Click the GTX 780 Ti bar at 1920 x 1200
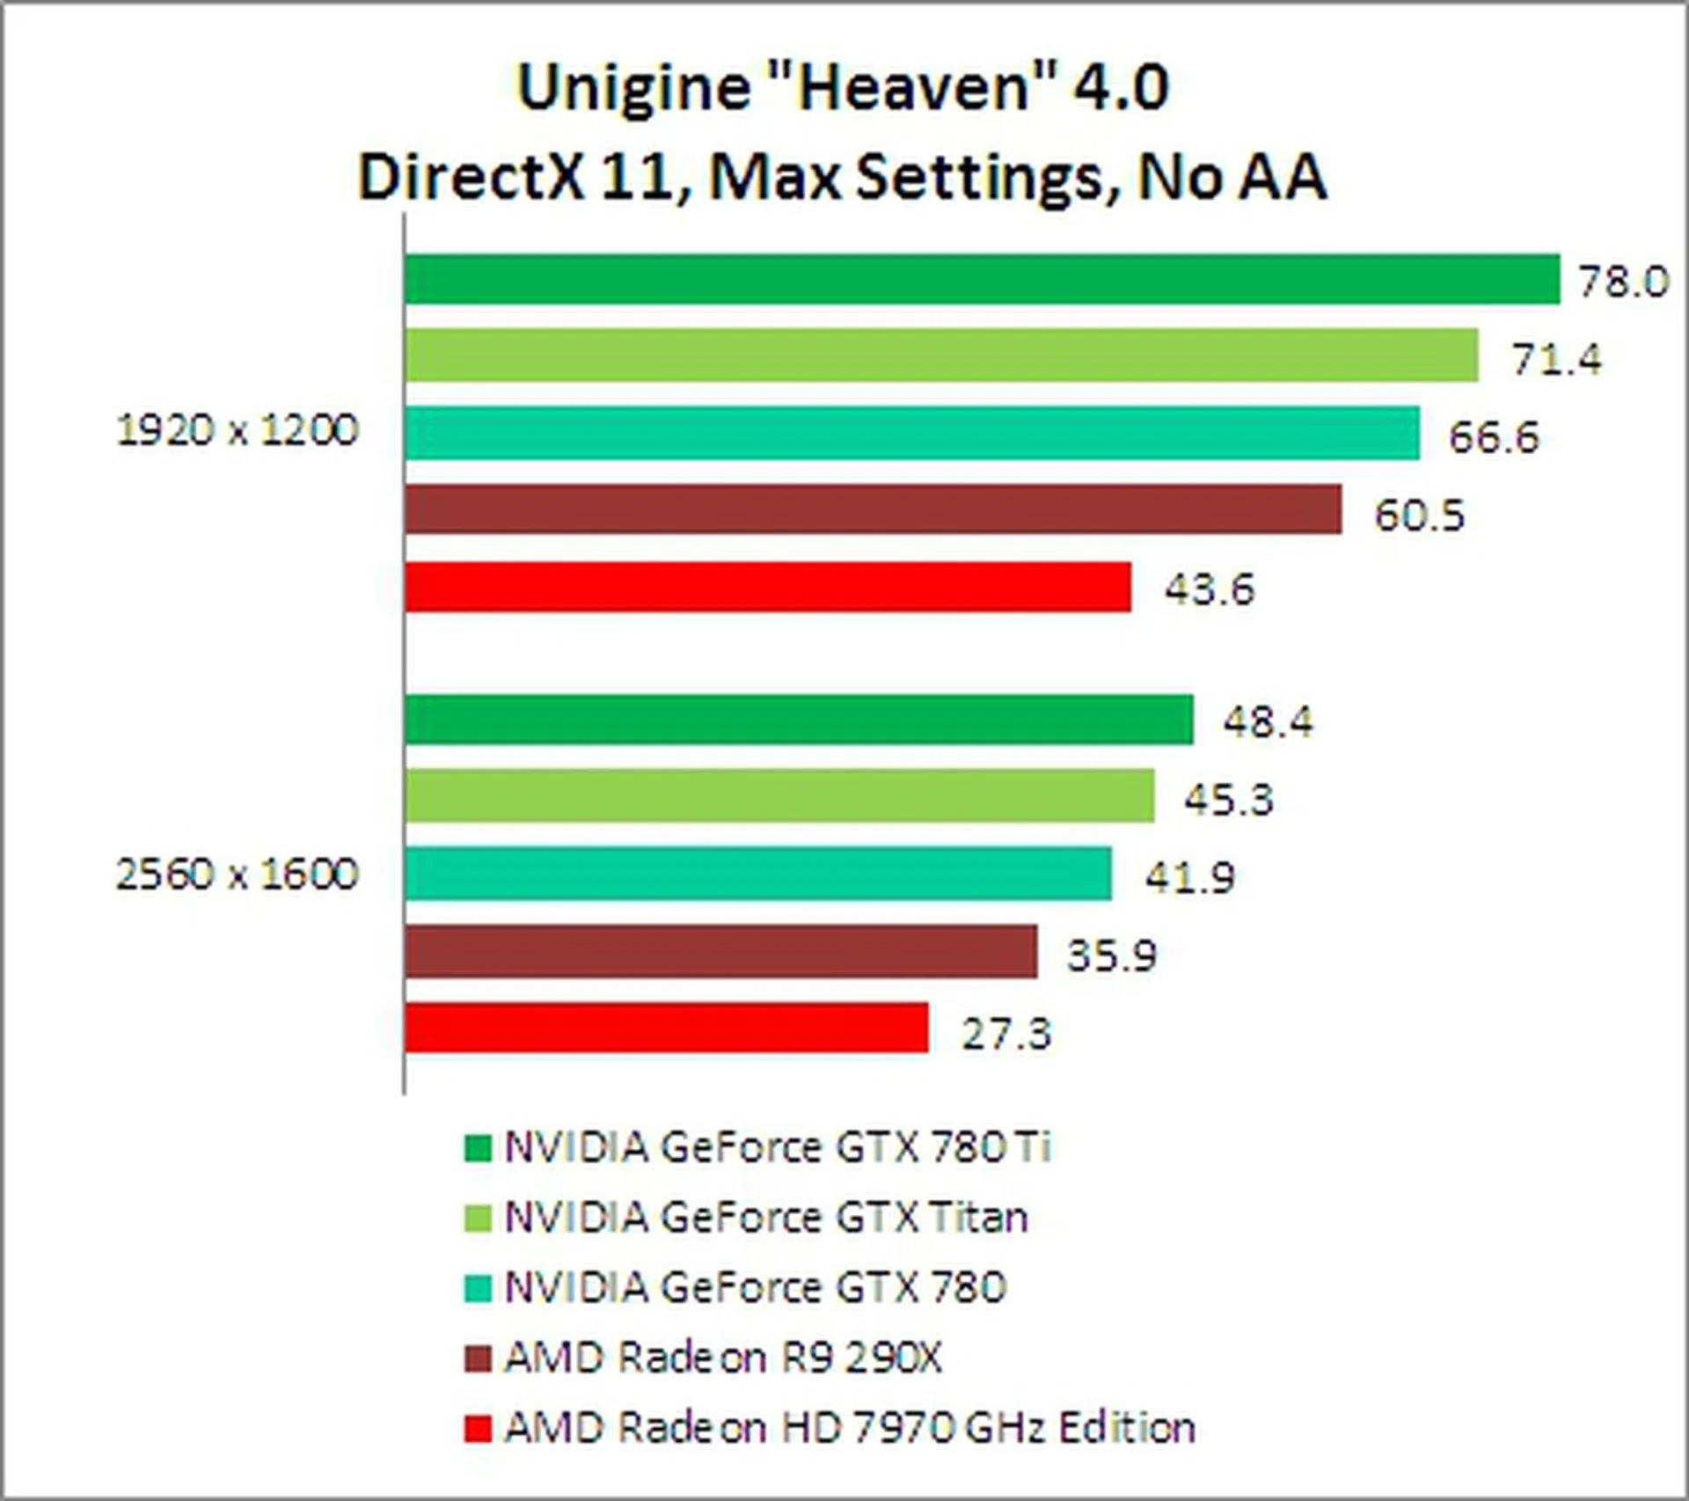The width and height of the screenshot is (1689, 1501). (x=982, y=279)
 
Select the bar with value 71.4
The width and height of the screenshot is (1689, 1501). (x=941, y=355)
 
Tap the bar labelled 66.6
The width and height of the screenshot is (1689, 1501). (x=912, y=433)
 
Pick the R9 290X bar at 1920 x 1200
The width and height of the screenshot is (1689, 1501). (x=874, y=509)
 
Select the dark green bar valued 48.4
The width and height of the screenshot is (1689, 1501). (x=799, y=719)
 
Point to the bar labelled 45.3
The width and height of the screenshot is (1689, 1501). (x=779, y=795)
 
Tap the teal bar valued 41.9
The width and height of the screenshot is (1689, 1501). (x=758, y=873)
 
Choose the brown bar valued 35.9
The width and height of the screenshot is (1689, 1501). (x=721, y=950)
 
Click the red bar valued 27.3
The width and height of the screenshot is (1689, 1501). (x=667, y=1027)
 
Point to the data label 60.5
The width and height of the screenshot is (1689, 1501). (x=1420, y=515)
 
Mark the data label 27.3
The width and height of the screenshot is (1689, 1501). (x=1006, y=1033)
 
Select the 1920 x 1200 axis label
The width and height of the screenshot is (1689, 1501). (x=238, y=431)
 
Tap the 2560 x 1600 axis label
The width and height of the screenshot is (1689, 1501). (x=238, y=875)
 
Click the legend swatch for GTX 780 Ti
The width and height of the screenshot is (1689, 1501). (x=478, y=1148)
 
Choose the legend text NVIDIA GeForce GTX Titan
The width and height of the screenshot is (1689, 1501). (x=765, y=1218)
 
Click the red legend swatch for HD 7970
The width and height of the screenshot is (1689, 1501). (x=478, y=1428)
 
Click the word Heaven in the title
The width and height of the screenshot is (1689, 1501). (x=915, y=88)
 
